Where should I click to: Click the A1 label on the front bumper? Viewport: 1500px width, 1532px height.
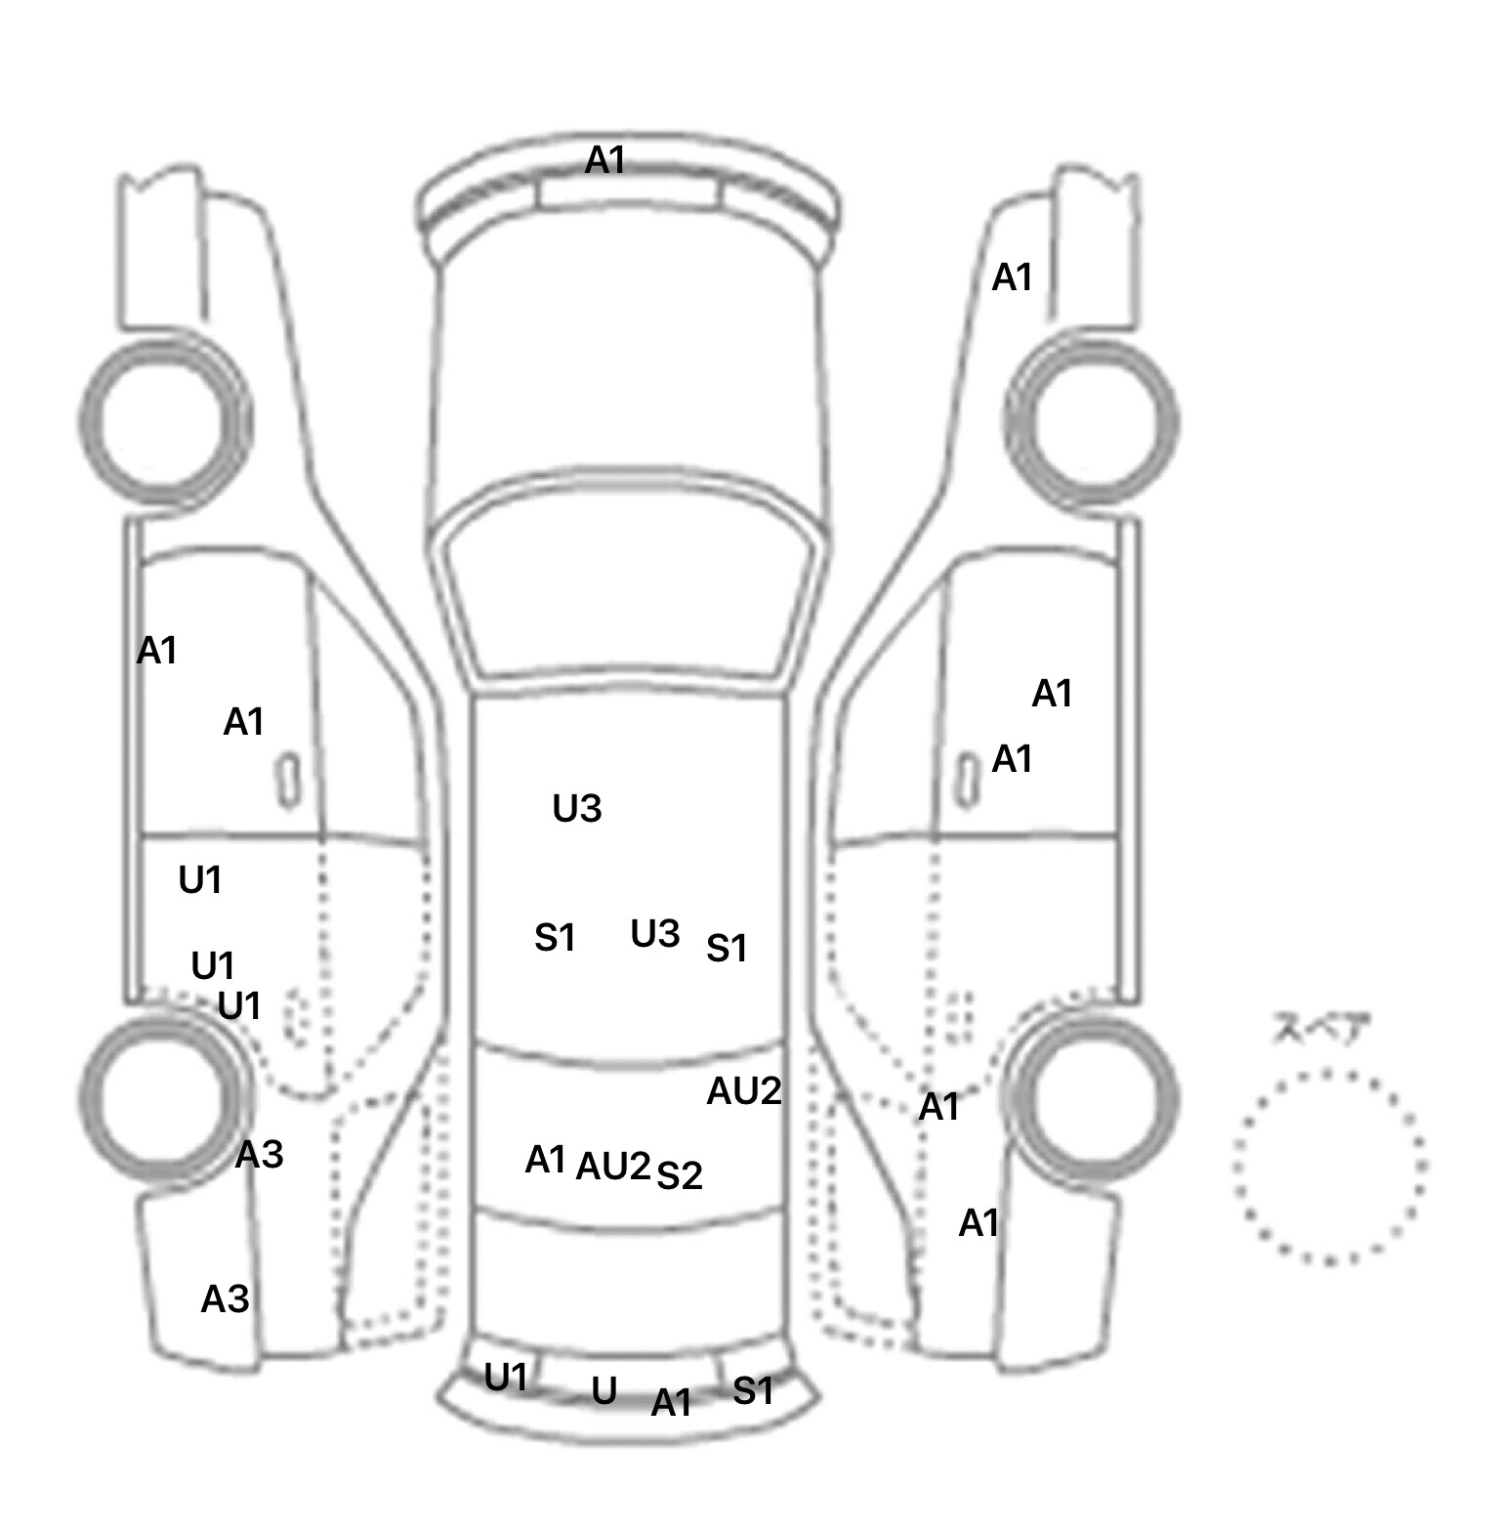[x=604, y=160]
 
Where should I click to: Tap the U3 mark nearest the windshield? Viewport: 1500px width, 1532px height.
[x=576, y=809]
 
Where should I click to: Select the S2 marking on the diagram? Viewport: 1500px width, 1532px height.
[x=679, y=1175]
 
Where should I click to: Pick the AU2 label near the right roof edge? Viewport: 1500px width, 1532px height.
[x=743, y=1091]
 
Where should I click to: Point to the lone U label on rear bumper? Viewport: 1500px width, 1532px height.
[x=604, y=1390]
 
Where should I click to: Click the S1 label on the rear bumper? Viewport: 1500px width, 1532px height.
[x=753, y=1390]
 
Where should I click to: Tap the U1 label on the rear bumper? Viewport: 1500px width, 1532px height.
[x=506, y=1379]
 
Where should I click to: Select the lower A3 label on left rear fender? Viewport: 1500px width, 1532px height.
[x=225, y=1299]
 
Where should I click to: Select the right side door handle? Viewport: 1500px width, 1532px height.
[x=966, y=781]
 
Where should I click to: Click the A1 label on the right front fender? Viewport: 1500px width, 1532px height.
[x=1012, y=278]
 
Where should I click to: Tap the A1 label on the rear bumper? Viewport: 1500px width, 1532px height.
[x=671, y=1403]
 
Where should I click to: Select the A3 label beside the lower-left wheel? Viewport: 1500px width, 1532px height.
[x=259, y=1155]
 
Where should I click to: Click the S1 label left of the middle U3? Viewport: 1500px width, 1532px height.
[x=554, y=938]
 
